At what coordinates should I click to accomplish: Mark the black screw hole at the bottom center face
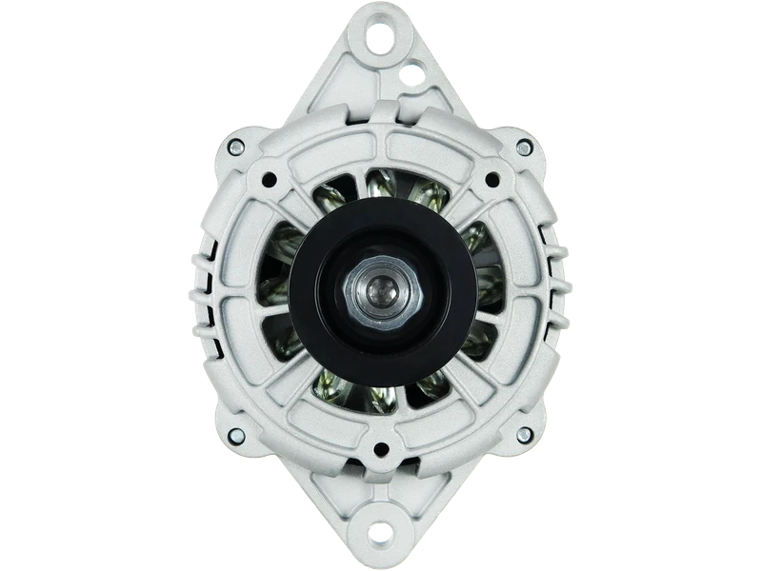pos(381,448)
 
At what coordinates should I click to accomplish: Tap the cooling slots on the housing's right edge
pos(554,285)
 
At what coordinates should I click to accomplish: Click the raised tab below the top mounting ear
pos(381,95)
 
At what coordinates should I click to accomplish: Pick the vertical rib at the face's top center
pos(381,143)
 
